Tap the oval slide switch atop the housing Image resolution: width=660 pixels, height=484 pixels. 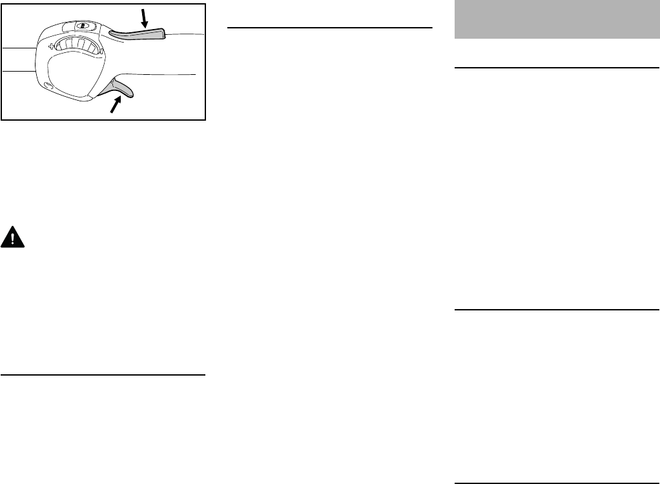point(82,26)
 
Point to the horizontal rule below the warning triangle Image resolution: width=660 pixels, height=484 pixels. point(103,374)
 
